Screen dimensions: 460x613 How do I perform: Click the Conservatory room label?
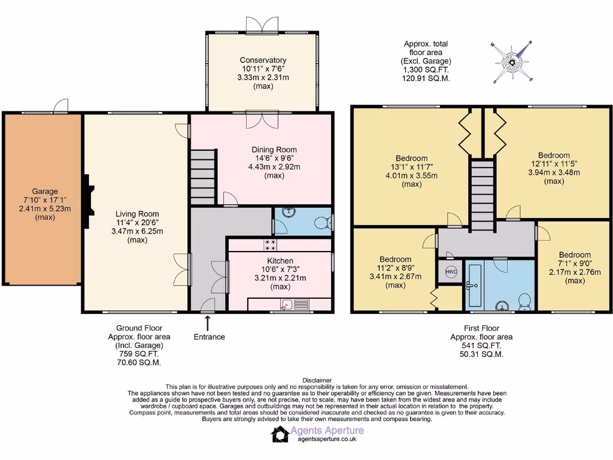click(x=263, y=60)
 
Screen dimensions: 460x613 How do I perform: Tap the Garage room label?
click(x=44, y=191)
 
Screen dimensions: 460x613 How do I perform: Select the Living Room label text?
click(x=137, y=214)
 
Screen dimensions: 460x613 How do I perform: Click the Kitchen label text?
click(x=280, y=261)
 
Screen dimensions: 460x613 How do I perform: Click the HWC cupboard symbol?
click(x=451, y=271)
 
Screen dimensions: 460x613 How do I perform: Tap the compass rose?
click(x=512, y=62)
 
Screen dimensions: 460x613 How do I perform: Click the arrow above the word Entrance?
click(x=208, y=323)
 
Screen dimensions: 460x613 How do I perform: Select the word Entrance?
click(x=209, y=337)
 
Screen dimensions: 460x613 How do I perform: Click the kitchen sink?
click(x=293, y=304)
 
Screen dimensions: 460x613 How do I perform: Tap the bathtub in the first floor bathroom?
click(x=474, y=286)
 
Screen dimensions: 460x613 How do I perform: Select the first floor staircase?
click(x=481, y=195)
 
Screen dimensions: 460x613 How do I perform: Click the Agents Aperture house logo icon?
click(x=280, y=434)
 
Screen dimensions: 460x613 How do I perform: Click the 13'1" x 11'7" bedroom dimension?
click(x=411, y=167)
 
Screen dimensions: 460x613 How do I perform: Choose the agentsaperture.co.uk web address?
click(x=327, y=439)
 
